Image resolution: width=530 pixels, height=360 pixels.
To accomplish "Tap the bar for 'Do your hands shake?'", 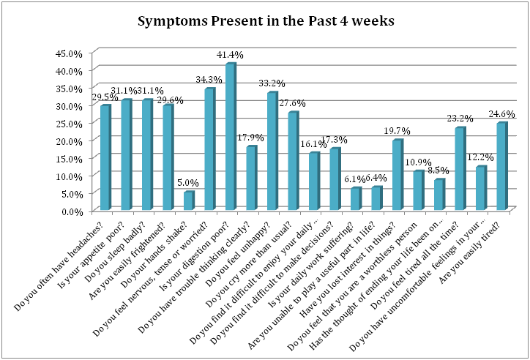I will (188, 201).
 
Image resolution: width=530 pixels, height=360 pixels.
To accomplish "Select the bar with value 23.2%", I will (459, 169).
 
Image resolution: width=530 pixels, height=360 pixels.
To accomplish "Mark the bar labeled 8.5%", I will (438, 195).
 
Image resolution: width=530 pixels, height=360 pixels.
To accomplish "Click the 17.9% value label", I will (250, 137).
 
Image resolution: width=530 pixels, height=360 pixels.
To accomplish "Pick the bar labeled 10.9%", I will (417, 191).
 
